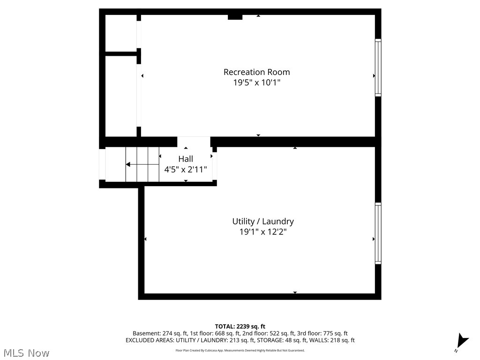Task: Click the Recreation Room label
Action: pos(256,72)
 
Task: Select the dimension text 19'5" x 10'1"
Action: pos(256,83)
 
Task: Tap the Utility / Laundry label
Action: pos(263,221)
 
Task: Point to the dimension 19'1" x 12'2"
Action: pos(263,232)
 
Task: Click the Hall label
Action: pos(186,159)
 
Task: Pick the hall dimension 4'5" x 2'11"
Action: pos(186,170)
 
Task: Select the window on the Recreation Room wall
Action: pos(378,68)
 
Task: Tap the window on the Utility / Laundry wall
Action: pos(378,233)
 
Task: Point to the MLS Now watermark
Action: pos(26,352)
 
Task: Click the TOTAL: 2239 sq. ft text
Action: pos(240,326)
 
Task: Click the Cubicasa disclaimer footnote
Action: pos(240,350)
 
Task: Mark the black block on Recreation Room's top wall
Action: pos(235,17)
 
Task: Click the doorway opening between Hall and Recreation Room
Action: pos(194,142)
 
